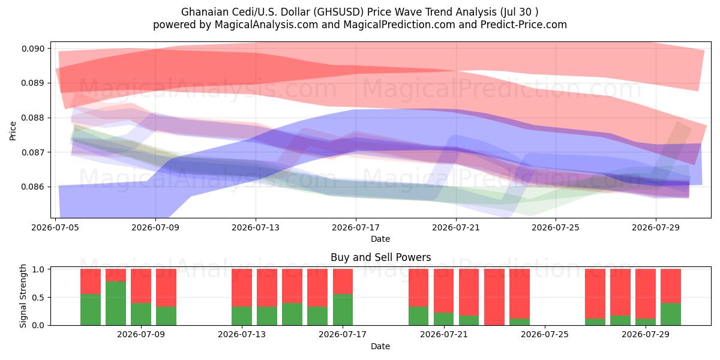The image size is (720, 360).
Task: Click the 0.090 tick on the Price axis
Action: point(33,49)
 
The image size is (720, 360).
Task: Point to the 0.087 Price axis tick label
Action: point(33,152)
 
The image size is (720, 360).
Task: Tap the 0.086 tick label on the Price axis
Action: point(33,187)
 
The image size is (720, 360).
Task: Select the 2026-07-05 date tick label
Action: point(55,227)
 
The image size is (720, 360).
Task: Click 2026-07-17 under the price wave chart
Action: point(356,227)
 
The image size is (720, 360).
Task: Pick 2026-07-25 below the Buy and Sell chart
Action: point(545,334)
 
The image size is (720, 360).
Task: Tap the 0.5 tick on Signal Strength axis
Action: point(38,298)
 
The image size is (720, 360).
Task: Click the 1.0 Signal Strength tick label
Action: point(38,269)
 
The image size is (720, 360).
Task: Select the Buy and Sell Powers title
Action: point(381,257)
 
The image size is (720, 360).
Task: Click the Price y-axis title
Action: point(13,131)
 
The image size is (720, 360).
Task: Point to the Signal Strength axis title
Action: point(23,296)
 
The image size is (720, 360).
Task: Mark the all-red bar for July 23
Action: point(494,297)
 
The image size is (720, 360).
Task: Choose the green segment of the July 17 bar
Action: point(343,310)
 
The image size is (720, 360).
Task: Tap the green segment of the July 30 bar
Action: point(671,314)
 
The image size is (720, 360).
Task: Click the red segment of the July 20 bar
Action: point(419,287)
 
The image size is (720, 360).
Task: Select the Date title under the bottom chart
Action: point(380,346)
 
